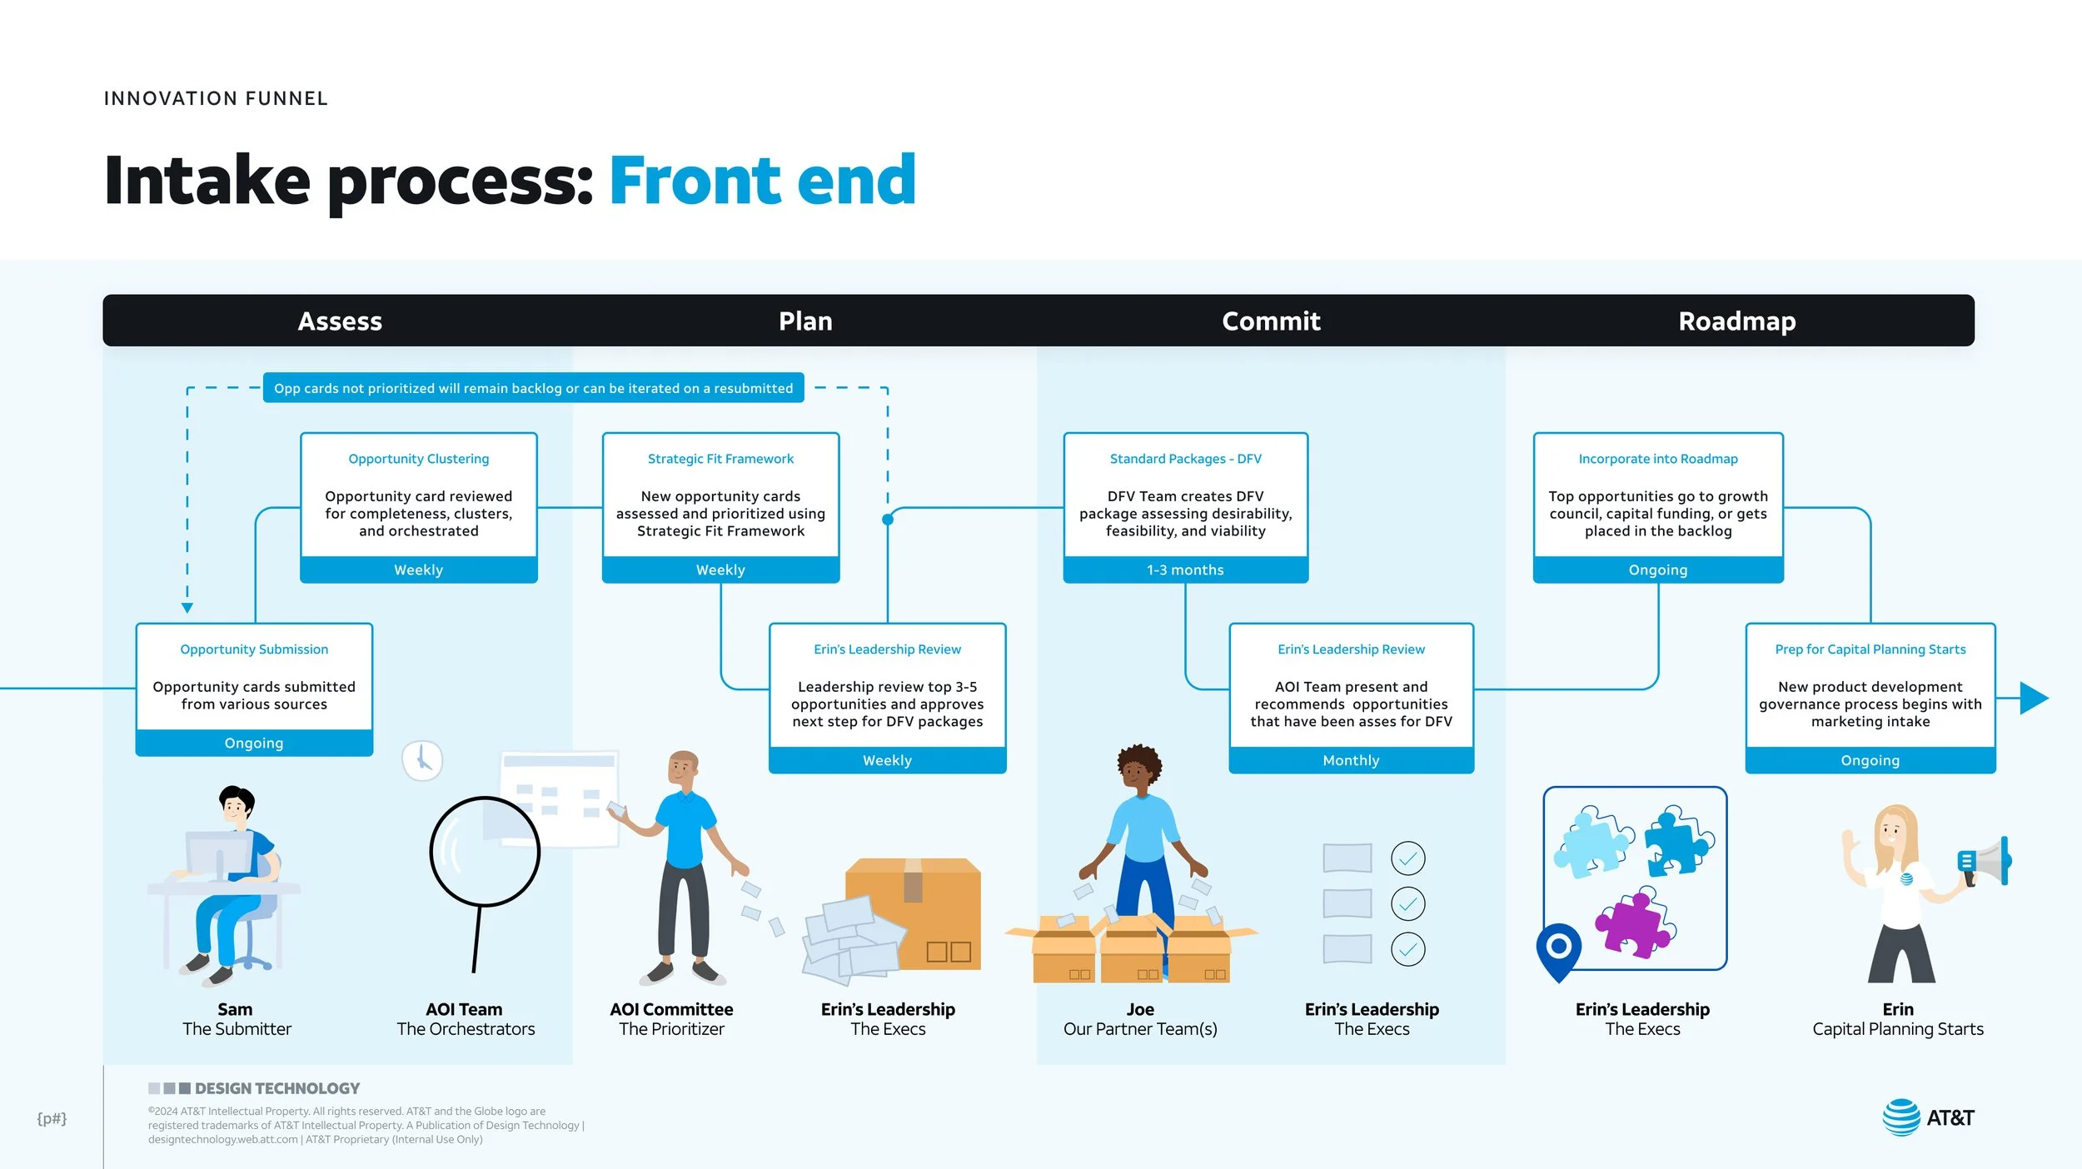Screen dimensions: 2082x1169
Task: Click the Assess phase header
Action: [x=340, y=321]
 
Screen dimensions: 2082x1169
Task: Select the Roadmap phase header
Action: [x=1736, y=321]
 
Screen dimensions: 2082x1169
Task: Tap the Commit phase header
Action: [x=1271, y=321]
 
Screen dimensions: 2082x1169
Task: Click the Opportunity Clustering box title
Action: [x=418, y=459]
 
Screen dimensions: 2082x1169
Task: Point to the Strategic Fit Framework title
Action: [x=720, y=459]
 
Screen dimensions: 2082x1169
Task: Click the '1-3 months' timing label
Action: [x=1185, y=570]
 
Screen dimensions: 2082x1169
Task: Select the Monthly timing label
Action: [x=1351, y=761]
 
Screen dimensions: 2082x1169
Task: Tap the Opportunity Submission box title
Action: [x=254, y=649]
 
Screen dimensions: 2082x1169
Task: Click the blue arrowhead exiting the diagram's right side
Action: [x=2035, y=698]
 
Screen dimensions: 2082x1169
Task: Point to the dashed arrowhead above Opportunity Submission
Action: [x=187, y=608]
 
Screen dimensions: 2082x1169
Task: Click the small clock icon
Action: [x=422, y=760]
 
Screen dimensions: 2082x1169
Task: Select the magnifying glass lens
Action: [x=485, y=852]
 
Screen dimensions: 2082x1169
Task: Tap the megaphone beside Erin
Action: [x=1985, y=863]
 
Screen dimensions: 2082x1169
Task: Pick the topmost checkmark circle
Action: [x=1407, y=858]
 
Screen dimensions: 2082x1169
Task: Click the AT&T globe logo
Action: [x=1901, y=1117]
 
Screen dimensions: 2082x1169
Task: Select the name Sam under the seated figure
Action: [x=235, y=1010]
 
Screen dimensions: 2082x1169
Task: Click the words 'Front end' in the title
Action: [x=763, y=180]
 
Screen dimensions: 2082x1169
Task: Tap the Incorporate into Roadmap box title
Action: [x=1657, y=459]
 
